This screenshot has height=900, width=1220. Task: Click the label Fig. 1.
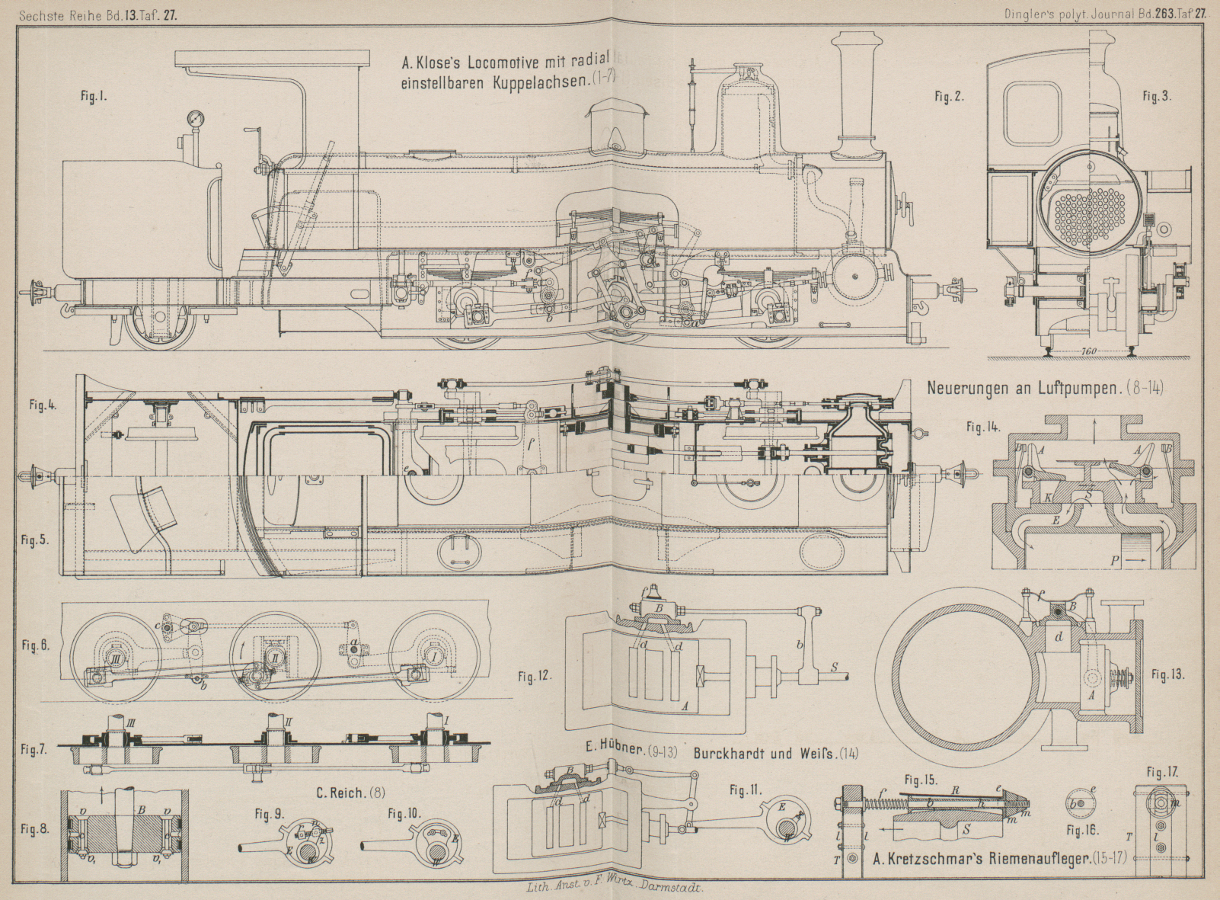coord(93,98)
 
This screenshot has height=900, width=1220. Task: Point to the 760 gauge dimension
coord(1089,351)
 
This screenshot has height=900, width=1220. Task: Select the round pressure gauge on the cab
coord(194,118)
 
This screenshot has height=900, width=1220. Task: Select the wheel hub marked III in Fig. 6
coord(116,658)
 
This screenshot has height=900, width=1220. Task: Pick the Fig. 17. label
coord(1162,772)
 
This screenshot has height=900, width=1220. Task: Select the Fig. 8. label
coord(35,828)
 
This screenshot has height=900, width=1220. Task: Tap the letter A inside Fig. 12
coord(685,706)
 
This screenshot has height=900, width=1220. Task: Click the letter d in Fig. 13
coord(1059,636)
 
